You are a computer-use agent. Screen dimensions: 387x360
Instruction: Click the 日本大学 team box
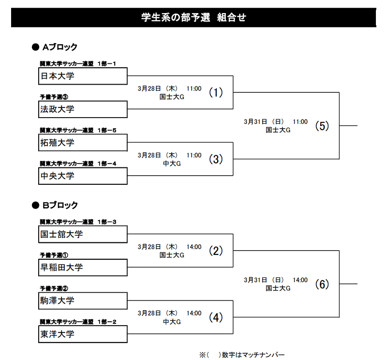point(83,76)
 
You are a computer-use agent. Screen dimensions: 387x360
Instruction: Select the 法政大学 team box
point(83,109)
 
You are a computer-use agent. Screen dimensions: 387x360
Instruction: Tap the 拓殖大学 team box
point(83,142)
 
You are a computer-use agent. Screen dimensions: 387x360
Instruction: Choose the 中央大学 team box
point(83,176)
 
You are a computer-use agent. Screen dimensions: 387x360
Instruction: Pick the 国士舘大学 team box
point(83,234)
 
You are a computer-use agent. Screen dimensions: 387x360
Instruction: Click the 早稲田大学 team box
point(83,268)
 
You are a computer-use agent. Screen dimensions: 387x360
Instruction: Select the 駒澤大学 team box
point(83,301)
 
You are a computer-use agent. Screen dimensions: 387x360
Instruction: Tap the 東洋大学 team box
point(83,334)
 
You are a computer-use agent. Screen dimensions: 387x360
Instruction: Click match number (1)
point(216,92)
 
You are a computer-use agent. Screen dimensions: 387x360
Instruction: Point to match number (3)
point(216,159)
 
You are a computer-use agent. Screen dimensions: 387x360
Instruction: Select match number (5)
point(322,126)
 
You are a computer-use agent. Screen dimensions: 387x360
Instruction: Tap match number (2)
point(216,251)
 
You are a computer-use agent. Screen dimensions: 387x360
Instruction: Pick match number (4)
point(216,317)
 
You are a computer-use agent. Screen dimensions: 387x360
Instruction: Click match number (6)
point(322,284)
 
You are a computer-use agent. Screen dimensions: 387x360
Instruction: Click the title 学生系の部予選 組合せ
point(194,17)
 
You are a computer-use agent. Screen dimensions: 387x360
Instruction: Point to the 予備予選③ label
point(54,97)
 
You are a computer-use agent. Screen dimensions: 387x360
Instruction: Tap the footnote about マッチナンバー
point(242,355)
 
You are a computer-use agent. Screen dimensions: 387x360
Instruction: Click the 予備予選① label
point(54,255)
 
